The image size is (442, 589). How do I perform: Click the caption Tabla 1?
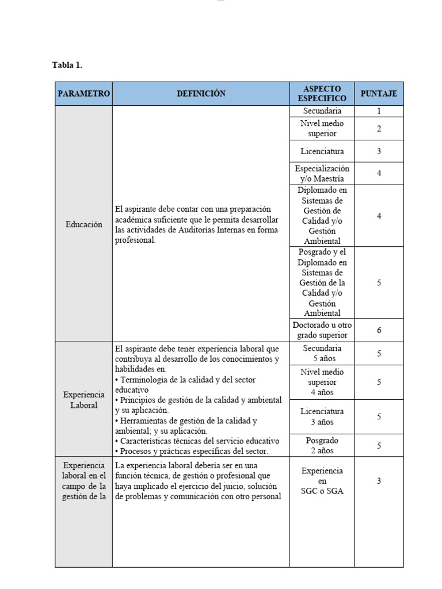(x=67, y=65)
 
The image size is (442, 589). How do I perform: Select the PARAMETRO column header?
(x=84, y=94)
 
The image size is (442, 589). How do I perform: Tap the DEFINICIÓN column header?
(x=201, y=94)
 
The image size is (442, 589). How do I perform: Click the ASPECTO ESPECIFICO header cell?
(x=322, y=94)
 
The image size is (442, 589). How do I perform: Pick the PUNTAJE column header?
(x=379, y=94)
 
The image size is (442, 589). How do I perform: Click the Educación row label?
(x=84, y=224)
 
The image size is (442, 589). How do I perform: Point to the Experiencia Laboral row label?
(x=84, y=400)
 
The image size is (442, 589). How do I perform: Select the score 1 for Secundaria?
(x=379, y=111)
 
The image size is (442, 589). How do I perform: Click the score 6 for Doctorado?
(x=379, y=330)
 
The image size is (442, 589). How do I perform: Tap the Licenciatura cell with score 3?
(x=322, y=151)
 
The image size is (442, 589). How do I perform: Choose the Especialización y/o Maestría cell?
(x=322, y=174)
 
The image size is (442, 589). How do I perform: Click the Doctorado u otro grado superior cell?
(x=322, y=330)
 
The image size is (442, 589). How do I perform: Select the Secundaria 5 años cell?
(x=322, y=353)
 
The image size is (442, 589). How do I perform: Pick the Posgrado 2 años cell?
(x=322, y=445)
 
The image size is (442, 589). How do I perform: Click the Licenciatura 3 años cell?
(x=322, y=416)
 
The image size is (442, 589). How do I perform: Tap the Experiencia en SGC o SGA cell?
(x=322, y=481)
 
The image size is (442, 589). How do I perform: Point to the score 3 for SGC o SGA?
(x=379, y=481)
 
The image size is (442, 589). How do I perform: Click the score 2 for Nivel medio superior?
(x=379, y=129)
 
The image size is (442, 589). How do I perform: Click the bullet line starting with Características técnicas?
(x=197, y=441)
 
